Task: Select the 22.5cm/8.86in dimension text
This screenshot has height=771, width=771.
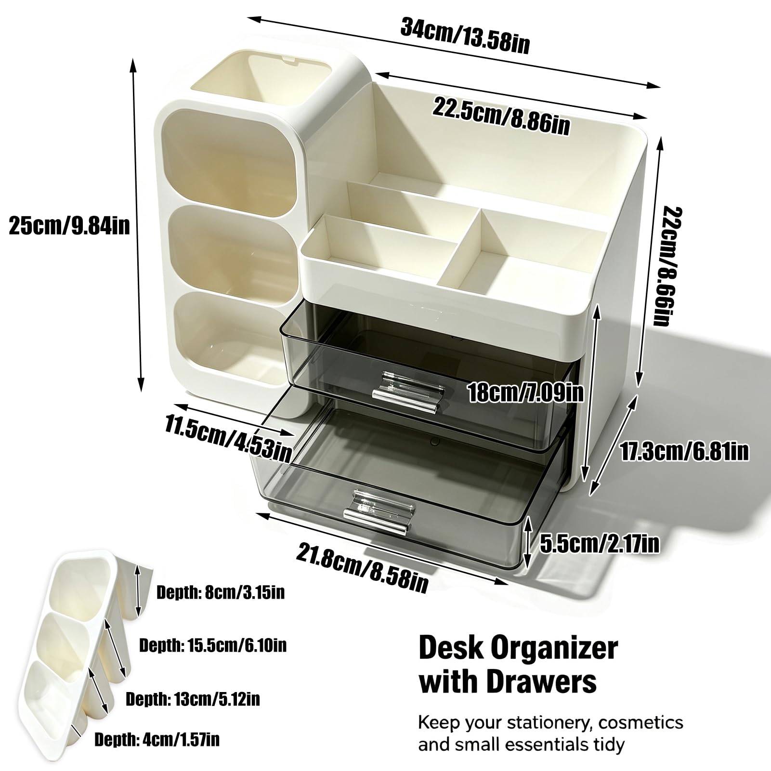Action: tap(501, 116)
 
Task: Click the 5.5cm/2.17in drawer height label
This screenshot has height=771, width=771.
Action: tap(600, 544)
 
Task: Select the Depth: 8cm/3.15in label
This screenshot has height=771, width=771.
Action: tap(221, 592)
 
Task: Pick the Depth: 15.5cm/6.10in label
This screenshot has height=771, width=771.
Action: tap(213, 645)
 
